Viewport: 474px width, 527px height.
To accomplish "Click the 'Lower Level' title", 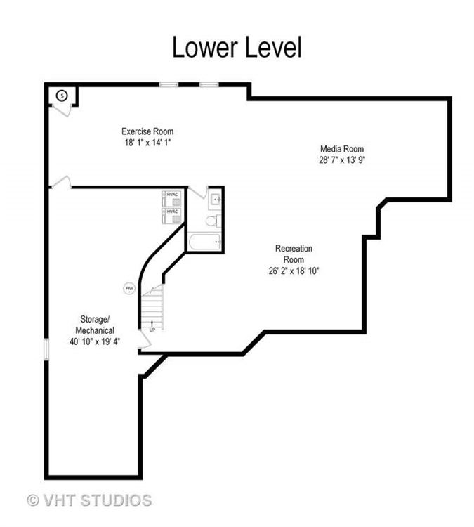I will coord(237,47).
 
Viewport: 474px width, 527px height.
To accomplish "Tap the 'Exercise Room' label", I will coord(147,131).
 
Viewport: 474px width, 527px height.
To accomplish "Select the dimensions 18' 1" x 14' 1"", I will coord(147,143).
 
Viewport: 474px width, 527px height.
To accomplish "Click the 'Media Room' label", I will coord(342,148).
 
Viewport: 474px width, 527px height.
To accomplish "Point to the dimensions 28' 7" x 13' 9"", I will coord(342,160).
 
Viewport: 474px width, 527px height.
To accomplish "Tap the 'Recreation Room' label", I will coord(294,254).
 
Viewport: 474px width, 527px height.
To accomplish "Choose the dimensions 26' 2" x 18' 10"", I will coord(294,271).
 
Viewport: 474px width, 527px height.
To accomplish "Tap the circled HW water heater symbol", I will coord(129,288).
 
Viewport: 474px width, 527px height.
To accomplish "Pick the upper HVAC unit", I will coord(172,196).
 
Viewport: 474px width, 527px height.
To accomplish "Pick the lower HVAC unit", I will coord(172,213).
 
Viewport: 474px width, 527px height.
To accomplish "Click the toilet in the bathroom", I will coord(210,221).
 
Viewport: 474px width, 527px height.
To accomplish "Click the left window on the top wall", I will coord(169,85).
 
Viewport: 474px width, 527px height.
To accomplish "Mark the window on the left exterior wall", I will coord(46,349).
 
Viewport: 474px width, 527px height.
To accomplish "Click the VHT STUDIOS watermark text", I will coord(89,500).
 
